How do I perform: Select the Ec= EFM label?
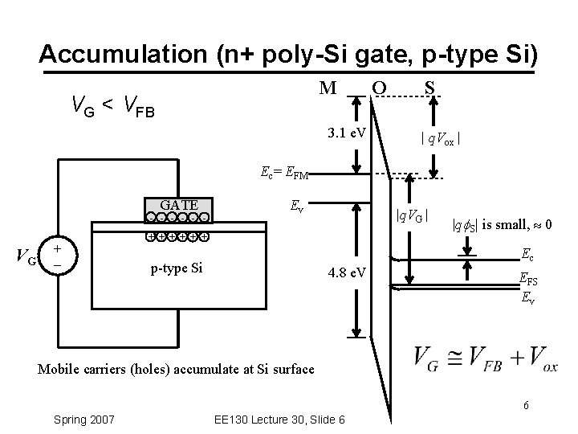point(284,171)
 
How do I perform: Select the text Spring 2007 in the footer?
point(83,420)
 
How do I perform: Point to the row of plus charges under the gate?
point(177,237)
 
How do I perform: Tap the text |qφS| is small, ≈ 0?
point(501,225)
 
